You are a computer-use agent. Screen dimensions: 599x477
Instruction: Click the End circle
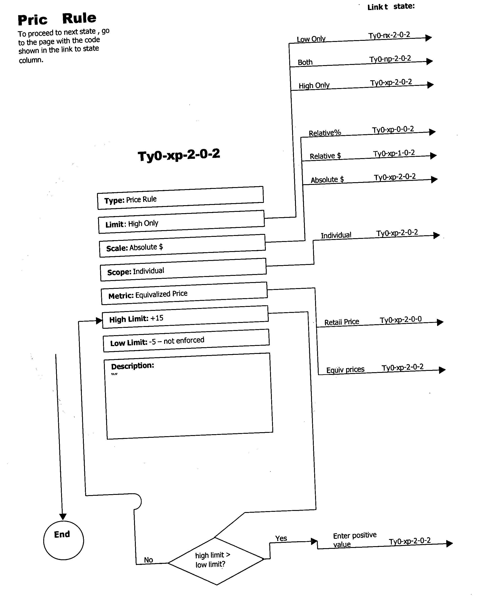63,540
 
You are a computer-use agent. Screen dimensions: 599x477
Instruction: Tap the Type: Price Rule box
180,198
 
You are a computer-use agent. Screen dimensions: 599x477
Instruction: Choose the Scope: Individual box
183,269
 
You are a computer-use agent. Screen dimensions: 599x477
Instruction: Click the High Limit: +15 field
185,317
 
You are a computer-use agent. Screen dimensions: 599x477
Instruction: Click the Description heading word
132,366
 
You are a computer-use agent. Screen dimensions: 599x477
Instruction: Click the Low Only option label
311,39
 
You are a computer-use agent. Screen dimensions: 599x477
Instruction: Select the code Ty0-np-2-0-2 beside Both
390,59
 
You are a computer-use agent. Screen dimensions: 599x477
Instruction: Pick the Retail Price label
341,322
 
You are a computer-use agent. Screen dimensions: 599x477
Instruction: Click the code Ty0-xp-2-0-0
400,320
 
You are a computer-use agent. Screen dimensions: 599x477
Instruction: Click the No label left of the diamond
148,560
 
